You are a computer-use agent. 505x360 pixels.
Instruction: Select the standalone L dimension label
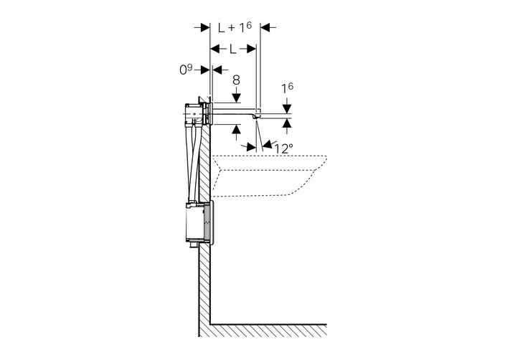[x=233, y=49]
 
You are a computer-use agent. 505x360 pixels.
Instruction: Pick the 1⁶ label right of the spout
[x=287, y=88]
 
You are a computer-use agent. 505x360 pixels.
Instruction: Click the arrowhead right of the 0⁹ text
[x=217, y=70]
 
